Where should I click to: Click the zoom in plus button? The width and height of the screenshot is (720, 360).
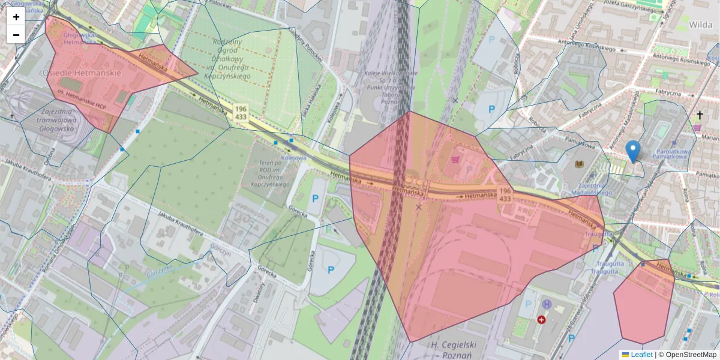[16, 17]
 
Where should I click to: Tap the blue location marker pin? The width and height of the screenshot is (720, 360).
[632, 150]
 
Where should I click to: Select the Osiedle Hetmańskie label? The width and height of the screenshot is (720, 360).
[82, 73]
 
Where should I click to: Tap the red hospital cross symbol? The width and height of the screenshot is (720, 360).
[542, 320]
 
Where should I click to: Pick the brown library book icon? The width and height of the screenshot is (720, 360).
[579, 164]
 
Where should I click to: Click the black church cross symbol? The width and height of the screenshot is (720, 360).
[700, 115]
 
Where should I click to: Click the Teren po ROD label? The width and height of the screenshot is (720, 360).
[269, 174]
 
